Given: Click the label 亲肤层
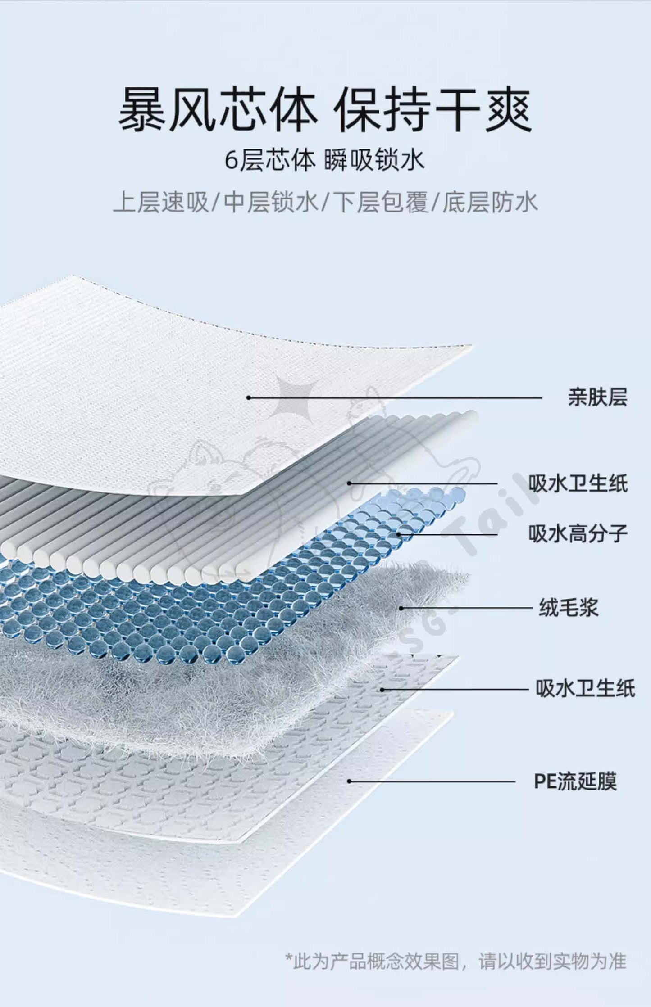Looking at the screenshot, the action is (597, 397).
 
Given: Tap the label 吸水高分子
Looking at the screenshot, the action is (578, 534).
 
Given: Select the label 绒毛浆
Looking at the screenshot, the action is (569, 607).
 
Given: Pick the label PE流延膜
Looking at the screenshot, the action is (575, 781).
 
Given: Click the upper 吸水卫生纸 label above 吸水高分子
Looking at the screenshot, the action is (578, 484).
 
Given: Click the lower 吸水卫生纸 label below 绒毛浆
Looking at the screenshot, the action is (585, 689).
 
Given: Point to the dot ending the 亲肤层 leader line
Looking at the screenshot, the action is (248, 397).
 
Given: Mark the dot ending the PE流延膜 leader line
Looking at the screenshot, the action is (349, 781).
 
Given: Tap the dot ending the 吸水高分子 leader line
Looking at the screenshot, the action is (399, 534).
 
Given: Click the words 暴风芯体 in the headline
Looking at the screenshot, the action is (218, 109).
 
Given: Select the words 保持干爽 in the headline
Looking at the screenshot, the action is (434, 109).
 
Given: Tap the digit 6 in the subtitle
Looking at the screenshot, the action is (231, 161).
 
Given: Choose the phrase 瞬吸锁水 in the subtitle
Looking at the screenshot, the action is (374, 160).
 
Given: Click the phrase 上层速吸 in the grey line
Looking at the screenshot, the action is (161, 202).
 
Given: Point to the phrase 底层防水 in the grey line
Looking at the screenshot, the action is (490, 202).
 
